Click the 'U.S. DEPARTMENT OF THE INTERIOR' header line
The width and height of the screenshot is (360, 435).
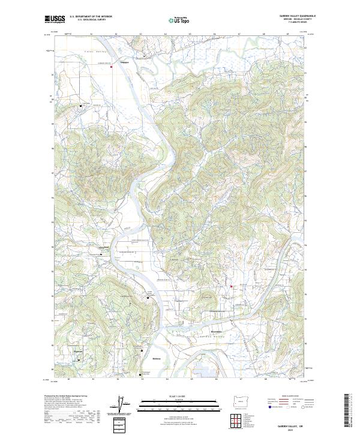tap(91, 16)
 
